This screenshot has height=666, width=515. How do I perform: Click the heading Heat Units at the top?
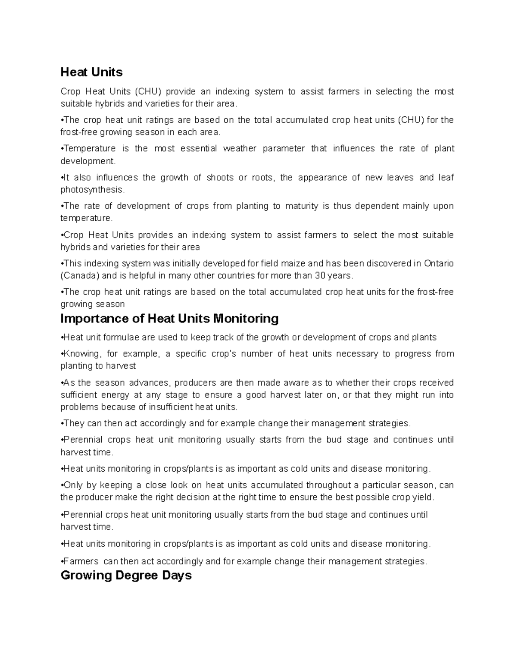coord(91,72)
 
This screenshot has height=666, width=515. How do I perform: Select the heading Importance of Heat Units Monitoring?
coord(170,319)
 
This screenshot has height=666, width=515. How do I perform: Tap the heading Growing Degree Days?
coord(126,575)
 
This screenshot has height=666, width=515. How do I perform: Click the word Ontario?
coord(439,263)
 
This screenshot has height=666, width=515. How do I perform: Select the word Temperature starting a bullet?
coord(90,149)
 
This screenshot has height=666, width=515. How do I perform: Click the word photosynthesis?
coord(92,190)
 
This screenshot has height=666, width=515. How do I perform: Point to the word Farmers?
coord(81,561)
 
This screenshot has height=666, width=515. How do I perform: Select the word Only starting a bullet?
coord(73,485)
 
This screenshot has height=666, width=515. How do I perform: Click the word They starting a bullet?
coord(73,424)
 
